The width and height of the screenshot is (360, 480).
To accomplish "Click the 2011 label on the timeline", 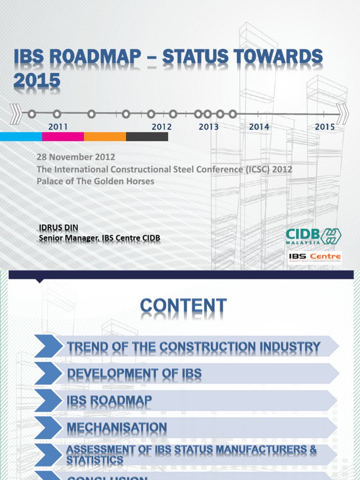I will (58, 127).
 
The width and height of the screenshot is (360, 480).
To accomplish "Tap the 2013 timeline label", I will (209, 127).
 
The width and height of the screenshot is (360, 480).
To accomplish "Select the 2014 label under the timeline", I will (259, 127).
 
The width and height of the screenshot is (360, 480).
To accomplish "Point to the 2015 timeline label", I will (325, 127).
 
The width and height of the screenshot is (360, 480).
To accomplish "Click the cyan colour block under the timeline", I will (21, 137).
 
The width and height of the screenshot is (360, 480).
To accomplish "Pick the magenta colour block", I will (63, 137).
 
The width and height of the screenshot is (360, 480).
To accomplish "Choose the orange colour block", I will (105, 137).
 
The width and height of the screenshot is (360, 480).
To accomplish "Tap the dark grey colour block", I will (147, 137).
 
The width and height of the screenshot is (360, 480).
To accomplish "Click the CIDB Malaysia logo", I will (314, 236).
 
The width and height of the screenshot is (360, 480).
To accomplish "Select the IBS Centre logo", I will (315, 257).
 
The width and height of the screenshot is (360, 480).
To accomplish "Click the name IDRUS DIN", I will (59, 228).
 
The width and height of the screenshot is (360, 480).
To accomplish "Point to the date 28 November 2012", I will (76, 157).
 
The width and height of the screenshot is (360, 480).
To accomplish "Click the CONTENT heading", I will (183, 307).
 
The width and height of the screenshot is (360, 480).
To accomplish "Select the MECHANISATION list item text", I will (117, 427).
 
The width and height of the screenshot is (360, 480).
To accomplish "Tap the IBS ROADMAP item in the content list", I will (109, 401).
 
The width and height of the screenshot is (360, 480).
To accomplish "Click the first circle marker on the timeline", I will (31, 113).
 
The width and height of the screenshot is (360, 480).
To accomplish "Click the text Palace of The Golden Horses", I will (96, 181).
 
